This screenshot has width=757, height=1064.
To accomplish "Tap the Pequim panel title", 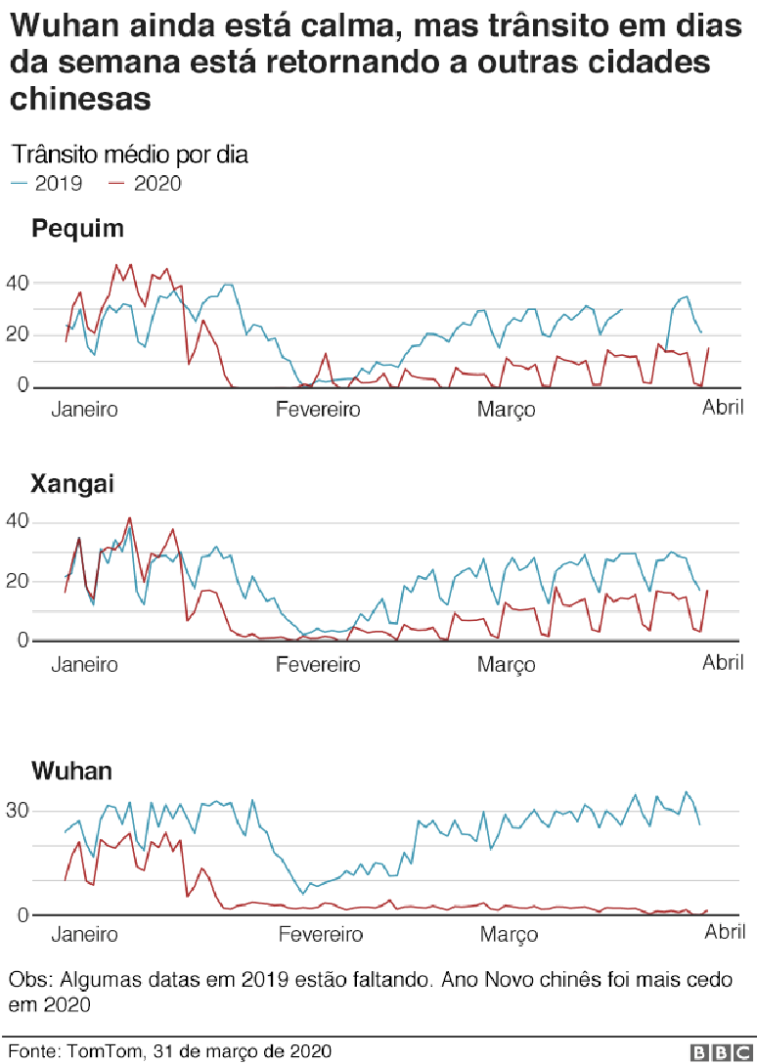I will [x=78, y=230].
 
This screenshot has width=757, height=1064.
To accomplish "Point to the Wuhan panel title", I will [x=71, y=771].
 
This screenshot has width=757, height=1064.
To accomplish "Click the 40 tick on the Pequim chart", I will [x=19, y=283].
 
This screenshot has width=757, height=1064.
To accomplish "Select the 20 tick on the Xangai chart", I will [x=19, y=581].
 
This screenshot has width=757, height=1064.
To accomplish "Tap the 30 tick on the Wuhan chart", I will [x=19, y=811].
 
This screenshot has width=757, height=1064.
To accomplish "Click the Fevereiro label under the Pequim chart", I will [x=317, y=409].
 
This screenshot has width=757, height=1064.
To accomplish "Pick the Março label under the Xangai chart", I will [x=507, y=665].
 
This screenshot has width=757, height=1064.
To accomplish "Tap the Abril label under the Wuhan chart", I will [x=726, y=933].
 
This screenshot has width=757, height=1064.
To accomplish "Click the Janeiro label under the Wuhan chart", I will [x=84, y=935].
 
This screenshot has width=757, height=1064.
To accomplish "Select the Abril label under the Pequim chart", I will [x=723, y=407].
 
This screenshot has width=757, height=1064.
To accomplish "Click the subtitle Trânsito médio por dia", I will [x=129, y=155].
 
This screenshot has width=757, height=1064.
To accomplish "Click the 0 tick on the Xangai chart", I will [x=24, y=641].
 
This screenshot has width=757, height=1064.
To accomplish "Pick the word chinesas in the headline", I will [x=81, y=98].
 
